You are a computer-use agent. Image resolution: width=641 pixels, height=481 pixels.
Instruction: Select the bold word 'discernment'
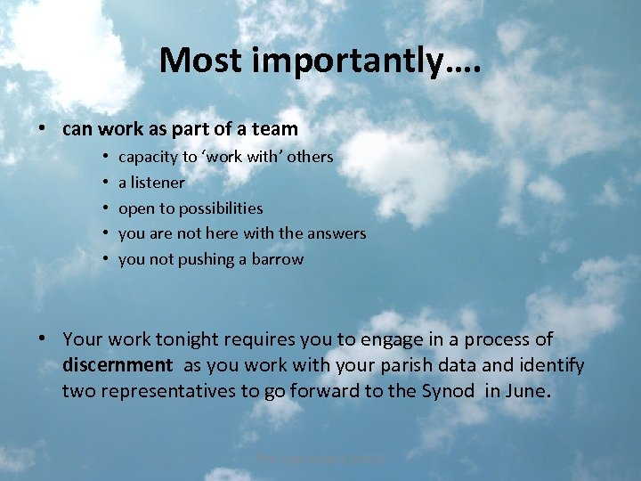click(118, 365)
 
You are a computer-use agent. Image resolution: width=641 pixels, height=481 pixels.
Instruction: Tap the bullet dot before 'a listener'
click(105, 183)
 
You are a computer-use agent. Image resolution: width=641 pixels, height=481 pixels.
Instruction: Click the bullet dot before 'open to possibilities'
click(105, 208)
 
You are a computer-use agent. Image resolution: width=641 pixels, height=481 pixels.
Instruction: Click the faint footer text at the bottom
click(320, 459)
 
